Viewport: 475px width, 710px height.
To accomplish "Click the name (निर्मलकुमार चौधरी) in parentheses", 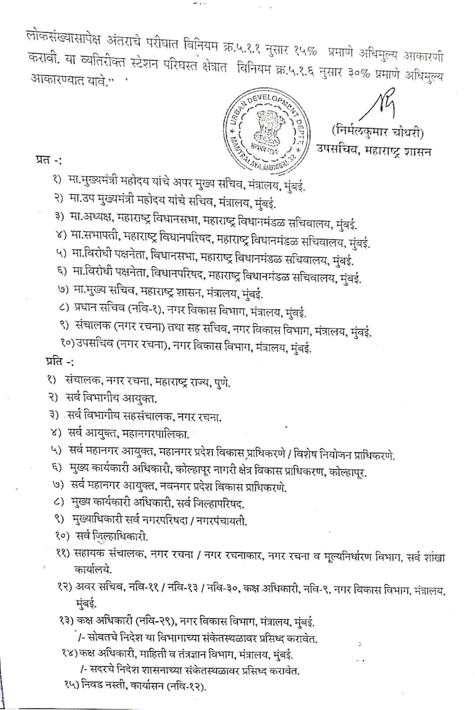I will tap(378, 132).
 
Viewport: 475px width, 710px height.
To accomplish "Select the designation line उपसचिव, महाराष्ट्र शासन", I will tap(374, 150).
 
